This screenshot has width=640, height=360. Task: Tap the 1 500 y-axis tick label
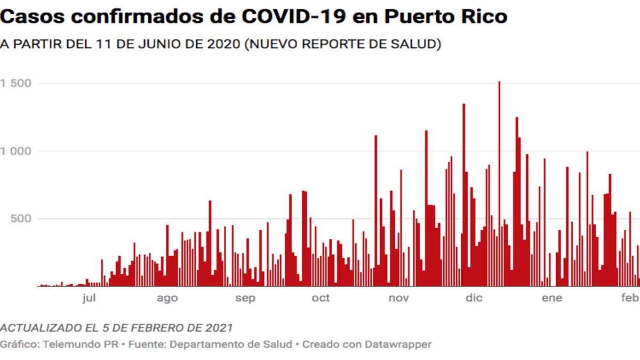(16, 84)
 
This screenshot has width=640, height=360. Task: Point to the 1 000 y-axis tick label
(16, 151)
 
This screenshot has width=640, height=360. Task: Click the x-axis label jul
(89, 298)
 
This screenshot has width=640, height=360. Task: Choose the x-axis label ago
(167, 298)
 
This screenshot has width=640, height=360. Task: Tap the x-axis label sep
(245, 298)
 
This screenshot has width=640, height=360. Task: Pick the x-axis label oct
(321, 298)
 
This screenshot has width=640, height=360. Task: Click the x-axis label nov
(399, 298)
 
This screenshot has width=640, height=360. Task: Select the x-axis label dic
(474, 298)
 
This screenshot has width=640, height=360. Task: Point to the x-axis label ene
(552, 298)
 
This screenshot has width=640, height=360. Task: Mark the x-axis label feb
(631, 298)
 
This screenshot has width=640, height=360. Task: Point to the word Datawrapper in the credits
(398, 345)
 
